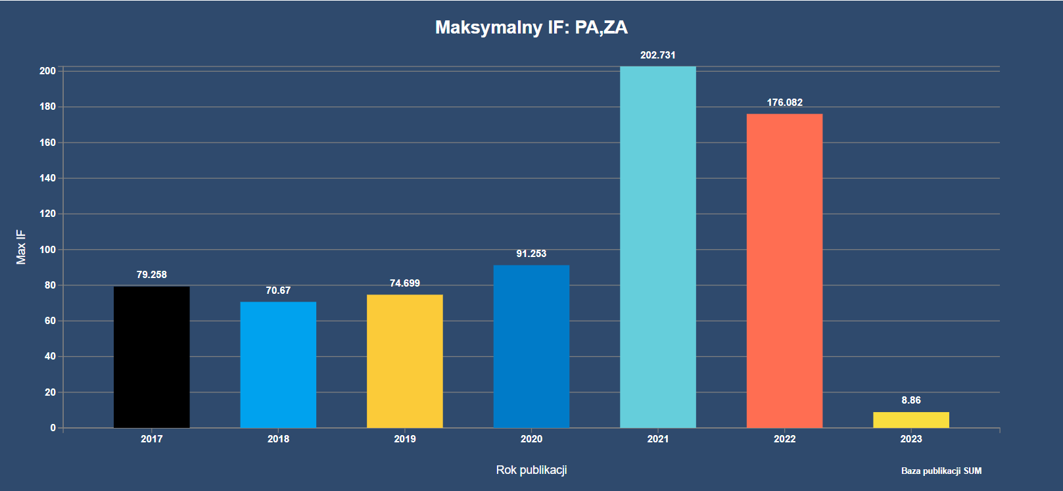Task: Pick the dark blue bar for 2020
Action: (531, 346)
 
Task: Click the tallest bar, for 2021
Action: (657, 247)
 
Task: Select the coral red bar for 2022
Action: (784, 271)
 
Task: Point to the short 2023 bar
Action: (910, 420)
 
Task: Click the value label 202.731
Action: (657, 55)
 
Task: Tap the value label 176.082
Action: (784, 103)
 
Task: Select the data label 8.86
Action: (910, 400)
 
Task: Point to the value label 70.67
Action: (278, 291)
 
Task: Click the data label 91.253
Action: (531, 254)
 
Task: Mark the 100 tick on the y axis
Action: (47, 250)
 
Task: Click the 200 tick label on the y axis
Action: (47, 71)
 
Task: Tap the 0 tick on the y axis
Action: (53, 428)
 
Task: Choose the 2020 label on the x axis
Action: (531, 439)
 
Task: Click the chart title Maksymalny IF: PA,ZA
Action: (531, 28)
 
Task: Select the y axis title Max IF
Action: (21, 247)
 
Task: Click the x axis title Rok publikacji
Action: (531, 470)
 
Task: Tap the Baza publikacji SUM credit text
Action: (941, 471)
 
